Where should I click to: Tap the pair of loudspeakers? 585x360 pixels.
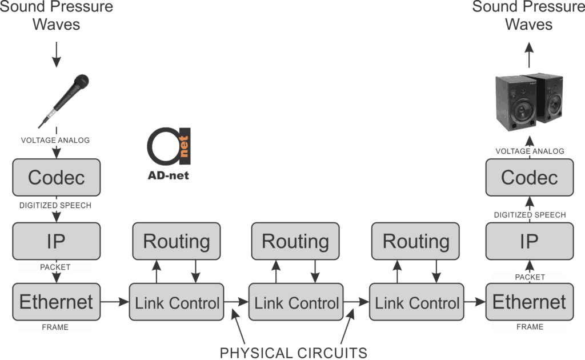(x=528, y=102)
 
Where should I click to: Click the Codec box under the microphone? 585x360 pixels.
(x=56, y=177)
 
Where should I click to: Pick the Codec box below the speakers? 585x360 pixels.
(x=529, y=177)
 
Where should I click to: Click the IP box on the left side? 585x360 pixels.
(x=56, y=241)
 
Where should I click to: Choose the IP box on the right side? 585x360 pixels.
(x=529, y=241)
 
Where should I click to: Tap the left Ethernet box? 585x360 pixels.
(x=56, y=302)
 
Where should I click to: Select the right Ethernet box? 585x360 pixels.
(x=529, y=302)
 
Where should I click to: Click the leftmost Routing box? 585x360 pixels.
(x=177, y=241)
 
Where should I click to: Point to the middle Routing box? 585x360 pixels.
(x=295, y=241)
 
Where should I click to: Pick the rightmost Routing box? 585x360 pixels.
(x=416, y=241)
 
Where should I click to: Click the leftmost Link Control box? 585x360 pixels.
(x=177, y=302)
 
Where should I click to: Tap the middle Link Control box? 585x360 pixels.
(x=296, y=302)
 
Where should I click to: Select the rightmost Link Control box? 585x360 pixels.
(x=416, y=302)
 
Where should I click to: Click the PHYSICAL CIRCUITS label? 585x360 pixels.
(x=294, y=353)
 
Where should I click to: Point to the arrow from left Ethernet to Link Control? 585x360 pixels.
(x=115, y=302)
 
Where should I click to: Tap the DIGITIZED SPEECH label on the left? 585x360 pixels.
(x=56, y=203)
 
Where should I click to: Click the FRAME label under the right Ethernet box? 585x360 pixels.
(x=529, y=327)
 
